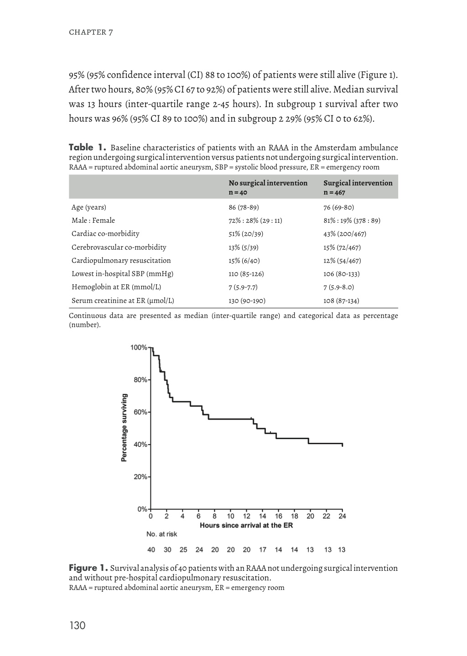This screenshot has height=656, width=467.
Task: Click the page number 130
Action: (78, 625)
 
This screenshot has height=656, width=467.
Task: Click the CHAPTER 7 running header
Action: (91, 32)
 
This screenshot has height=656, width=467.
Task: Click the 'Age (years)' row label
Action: (88, 207)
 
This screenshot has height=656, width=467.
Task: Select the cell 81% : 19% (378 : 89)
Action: (352, 220)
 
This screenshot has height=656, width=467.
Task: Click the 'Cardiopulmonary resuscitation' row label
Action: (121, 261)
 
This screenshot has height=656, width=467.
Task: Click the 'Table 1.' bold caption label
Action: (88, 148)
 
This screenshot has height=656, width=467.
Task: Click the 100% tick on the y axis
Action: (139, 348)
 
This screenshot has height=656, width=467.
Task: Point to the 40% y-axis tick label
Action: (140, 445)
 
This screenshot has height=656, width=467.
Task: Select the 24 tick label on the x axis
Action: (342, 516)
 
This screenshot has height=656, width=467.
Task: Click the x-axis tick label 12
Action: (247, 516)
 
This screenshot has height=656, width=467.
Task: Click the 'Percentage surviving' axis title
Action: (124, 428)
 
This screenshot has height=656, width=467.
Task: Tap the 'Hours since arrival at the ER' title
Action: (246, 525)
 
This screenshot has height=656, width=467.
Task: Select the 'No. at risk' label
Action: (162, 534)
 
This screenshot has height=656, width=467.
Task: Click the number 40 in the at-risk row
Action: (151, 549)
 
